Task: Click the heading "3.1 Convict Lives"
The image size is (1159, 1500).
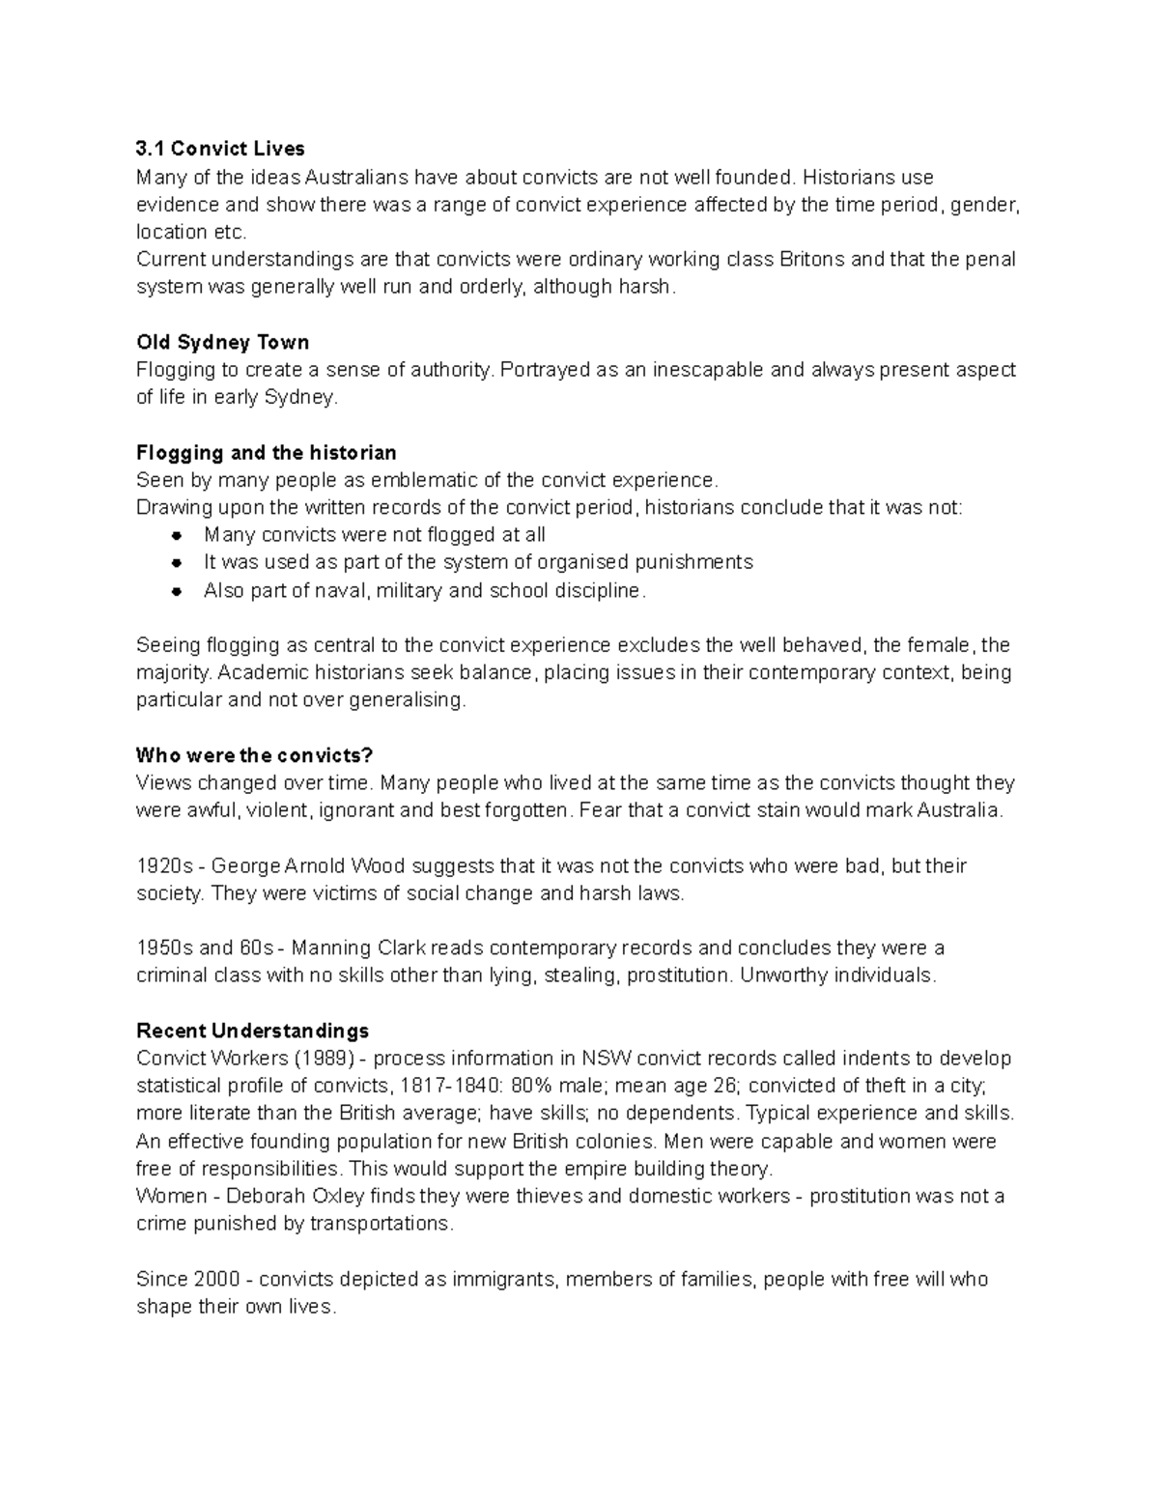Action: (x=220, y=149)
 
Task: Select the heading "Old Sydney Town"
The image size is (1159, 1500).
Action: (x=223, y=343)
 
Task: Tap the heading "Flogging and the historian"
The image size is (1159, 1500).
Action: (x=267, y=453)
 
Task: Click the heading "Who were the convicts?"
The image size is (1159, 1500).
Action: (x=254, y=755)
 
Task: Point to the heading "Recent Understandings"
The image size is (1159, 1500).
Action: (x=252, y=1031)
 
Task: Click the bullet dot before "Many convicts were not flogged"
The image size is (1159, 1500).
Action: (x=176, y=535)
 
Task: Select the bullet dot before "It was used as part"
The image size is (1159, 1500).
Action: (x=176, y=562)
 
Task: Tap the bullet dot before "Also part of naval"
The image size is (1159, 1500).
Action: (x=176, y=591)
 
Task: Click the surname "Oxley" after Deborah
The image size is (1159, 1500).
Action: (x=338, y=1197)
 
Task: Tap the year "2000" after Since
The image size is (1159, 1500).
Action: (x=216, y=1280)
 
